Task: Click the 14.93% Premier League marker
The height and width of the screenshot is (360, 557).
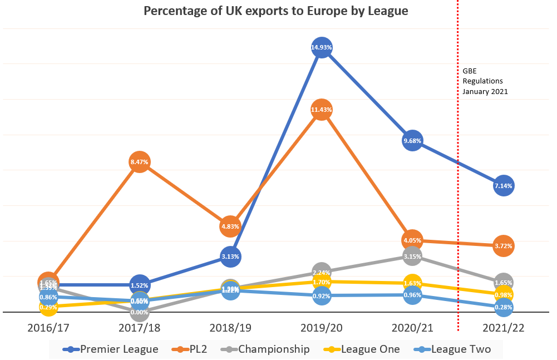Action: point(322,48)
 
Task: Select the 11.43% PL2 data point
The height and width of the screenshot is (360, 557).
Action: point(322,110)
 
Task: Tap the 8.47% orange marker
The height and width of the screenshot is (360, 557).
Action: point(139,162)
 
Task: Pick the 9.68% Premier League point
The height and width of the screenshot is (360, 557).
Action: point(412,141)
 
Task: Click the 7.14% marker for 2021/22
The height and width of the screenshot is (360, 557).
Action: point(504,185)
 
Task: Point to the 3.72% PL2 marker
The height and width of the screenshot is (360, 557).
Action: point(504,245)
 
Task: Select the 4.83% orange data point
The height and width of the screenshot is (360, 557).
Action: point(230,226)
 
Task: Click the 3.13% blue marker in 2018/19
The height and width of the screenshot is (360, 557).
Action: point(230,257)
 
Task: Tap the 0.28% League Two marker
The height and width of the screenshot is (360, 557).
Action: point(504,307)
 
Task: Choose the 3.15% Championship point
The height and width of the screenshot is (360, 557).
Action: point(412,256)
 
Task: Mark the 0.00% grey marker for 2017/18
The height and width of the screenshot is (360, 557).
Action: point(139,312)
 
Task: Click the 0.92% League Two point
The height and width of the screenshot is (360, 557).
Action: point(322,296)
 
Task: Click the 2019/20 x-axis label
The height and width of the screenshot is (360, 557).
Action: point(322,328)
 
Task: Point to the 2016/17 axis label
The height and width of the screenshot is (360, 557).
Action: point(48,328)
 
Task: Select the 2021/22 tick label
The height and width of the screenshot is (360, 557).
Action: point(504,328)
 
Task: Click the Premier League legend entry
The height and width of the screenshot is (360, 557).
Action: point(111,349)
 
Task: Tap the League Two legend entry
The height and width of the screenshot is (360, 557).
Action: point(454,349)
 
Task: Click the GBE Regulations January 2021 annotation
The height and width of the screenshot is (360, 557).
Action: point(485,81)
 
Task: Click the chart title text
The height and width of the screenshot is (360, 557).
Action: point(276,12)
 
